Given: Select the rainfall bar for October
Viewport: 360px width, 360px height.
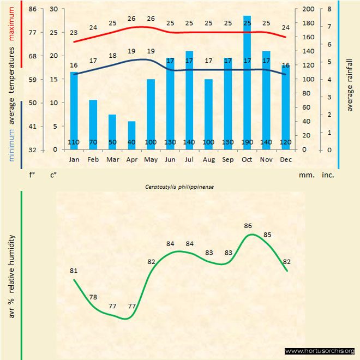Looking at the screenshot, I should (x=247, y=82).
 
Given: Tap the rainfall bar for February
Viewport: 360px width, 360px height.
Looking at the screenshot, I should (x=93, y=124).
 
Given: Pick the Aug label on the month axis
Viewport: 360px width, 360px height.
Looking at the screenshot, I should (x=208, y=160).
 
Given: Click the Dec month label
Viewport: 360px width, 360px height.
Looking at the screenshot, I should (x=285, y=160).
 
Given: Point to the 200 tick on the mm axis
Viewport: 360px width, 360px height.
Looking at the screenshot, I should (x=309, y=9).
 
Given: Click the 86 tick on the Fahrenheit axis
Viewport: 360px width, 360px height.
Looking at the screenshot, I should (x=33, y=9).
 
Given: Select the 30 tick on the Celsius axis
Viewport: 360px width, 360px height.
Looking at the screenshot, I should (x=53, y=9).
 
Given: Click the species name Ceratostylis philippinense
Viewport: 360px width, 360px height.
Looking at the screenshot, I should (x=179, y=186).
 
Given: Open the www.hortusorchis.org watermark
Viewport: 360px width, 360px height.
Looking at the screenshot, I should (x=320, y=351).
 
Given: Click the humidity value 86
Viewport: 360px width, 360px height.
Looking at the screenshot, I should (x=248, y=225).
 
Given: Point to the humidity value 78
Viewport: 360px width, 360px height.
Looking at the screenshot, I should (x=93, y=297).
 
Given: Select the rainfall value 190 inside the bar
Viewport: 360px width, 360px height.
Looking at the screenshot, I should (x=247, y=142).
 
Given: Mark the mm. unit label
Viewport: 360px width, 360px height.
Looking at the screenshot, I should (x=305, y=176).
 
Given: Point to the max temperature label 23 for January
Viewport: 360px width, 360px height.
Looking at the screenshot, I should (x=74, y=32).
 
